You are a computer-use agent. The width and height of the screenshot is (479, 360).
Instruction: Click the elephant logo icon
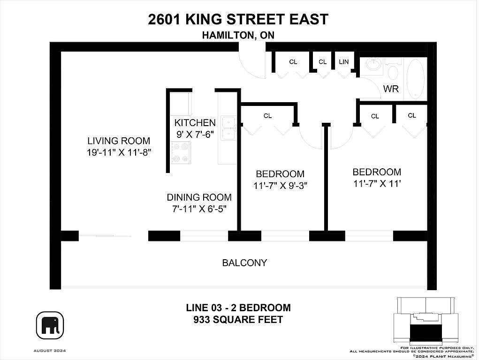pyautogui.click(x=50, y=325)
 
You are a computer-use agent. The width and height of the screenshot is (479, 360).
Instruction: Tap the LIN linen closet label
pyautogui.click(x=344, y=62)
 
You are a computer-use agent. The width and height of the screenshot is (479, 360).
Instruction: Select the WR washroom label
pyautogui.click(x=391, y=89)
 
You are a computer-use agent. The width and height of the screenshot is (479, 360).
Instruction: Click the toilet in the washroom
pyautogui.click(x=393, y=69)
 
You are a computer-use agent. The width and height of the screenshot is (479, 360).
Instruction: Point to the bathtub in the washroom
pyautogui.click(x=416, y=78)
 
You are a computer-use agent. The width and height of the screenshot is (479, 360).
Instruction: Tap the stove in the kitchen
pyautogui.click(x=180, y=153)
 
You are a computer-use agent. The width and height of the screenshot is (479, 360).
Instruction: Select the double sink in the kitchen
pyautogui.click(x=228, y=128)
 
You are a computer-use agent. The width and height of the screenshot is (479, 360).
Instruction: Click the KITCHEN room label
pyautogui.click(x=195, y=123)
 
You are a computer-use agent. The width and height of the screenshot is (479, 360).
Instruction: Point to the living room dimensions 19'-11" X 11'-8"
pyautogui.click(x=119, y=152)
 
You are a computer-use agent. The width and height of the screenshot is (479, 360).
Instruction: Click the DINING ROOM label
pyautogui.click(x=199, y=197)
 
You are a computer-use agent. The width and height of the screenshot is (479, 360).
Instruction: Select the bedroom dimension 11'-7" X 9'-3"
pyautogui.click(x=280, y=185)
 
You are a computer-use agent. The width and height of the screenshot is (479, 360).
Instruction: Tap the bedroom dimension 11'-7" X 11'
pyautogui.click(x=377, y=183)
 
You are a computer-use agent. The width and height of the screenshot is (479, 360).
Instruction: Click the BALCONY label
pyautogui.click(x=245, y=263)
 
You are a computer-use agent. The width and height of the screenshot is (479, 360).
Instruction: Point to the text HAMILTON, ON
pyautogui.click(x=238, y=36)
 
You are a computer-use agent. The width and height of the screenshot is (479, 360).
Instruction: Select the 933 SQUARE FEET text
pyautogui.click(x=238, y=320)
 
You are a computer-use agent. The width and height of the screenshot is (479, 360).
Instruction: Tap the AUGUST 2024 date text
pyautogui.click(x=50, y=351)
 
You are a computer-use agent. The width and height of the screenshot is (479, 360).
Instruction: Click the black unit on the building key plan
pyautogui.click(x=426, y=332)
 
